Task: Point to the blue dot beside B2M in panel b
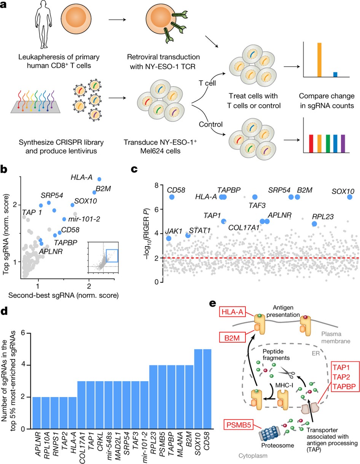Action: coord(95,192)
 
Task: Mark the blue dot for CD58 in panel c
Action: coord(172,197)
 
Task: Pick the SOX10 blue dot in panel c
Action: coord(350,197)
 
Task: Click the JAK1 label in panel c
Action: coord(172,231)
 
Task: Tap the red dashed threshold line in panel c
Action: coord(259,258)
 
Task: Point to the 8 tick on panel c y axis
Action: coord(160,185)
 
